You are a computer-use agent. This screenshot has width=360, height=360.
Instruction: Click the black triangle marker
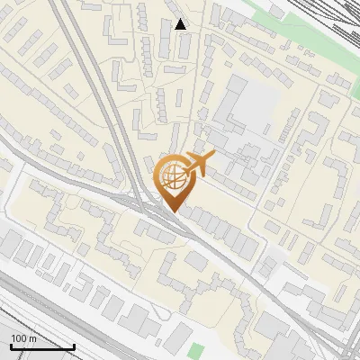(x=181, y=24)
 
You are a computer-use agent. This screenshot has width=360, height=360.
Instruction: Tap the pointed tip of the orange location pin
(x=172, y=212)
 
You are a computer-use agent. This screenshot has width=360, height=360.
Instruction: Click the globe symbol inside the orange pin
(x=172, y=175)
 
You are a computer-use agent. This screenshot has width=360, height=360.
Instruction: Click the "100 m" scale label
(x=24, y=337)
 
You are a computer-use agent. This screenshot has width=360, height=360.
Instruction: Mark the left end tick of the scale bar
(x=11, y=346)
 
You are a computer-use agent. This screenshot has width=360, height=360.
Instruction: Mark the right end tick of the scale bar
(x=75, y=346)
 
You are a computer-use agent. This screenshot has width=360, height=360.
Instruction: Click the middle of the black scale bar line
(x=42, y=347)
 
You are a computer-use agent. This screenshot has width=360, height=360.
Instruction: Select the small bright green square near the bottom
(x=198, y=349)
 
